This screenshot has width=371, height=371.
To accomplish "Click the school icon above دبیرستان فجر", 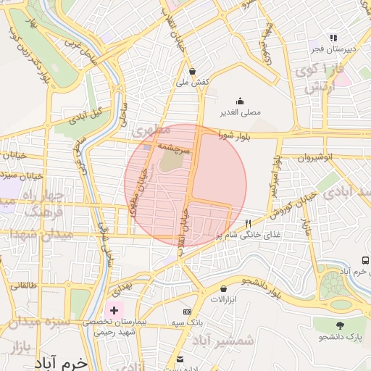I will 333,38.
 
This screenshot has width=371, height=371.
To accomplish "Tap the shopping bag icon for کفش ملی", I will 192,72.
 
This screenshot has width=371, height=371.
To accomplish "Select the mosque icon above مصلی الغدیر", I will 240,101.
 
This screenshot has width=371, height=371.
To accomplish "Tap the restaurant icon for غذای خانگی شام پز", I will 249,223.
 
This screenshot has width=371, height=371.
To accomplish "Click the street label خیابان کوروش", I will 292,205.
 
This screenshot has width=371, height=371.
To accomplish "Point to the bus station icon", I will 364,260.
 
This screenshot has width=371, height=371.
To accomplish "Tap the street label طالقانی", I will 23,285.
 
